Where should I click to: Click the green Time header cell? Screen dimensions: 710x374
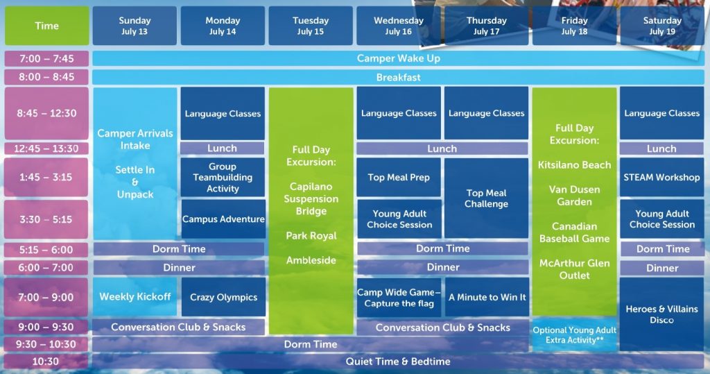pos(46,26)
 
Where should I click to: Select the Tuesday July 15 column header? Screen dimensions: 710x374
pos(311,26)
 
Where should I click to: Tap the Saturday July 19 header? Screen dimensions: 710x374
pos(662,26)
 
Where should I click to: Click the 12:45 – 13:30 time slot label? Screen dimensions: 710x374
pos(46,148)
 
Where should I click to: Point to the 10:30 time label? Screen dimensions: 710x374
pos(46,362)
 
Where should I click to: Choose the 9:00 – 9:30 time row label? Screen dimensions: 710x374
pos(46,327)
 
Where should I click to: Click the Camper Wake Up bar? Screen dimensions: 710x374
pos(399,58)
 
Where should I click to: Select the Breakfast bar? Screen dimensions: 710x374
pos(399,78)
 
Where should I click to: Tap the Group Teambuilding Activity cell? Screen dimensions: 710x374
pos(223,177)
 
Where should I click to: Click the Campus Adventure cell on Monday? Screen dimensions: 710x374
pos(223,219)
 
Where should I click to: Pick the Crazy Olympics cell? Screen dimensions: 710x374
pos(224,298)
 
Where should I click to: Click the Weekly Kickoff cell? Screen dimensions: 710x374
pos(135,297)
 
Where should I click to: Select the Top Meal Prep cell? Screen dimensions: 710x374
pos(399,177)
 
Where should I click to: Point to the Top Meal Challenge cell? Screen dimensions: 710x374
pos(486,198)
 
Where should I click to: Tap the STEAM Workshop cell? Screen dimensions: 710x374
pos(662,177)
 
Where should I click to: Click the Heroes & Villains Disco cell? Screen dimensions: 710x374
pos(662,314)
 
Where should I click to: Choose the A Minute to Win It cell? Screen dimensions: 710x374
pos(487,298)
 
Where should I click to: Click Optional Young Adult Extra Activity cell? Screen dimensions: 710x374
pos(575,335)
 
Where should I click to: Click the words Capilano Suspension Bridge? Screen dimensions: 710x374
pos(311,198)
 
